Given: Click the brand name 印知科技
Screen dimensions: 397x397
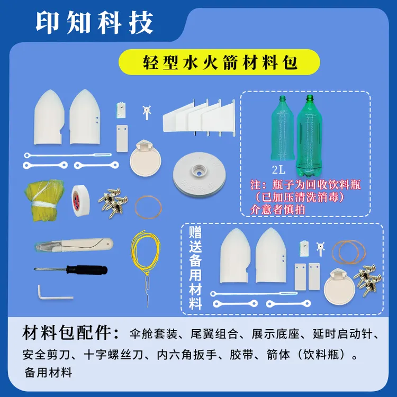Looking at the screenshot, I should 95,22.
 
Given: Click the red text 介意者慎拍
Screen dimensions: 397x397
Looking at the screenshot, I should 277,209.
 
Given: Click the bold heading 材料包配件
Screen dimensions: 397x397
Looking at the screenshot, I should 70,334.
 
